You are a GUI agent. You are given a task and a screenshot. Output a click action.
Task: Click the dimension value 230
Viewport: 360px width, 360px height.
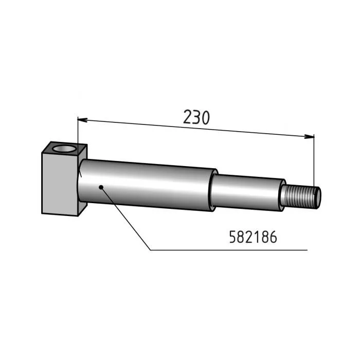(x=196, y=118)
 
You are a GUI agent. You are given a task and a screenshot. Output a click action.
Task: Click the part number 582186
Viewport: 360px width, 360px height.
(x=252, y=237)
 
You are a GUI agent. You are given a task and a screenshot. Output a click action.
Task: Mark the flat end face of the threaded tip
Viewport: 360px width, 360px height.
(x=318, y=196)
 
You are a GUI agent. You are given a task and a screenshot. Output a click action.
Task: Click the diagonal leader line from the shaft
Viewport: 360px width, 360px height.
(x=126, y=219)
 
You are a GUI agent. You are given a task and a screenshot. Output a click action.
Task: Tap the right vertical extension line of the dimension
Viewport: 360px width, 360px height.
(x=314, y=159)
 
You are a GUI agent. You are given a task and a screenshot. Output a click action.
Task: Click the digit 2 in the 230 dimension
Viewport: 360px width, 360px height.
(x=187, y=118)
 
